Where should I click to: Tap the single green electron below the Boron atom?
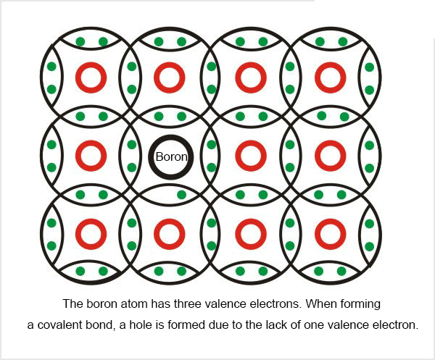181,195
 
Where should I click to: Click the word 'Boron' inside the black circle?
171,157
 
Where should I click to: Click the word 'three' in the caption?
188,304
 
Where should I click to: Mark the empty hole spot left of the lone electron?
158,195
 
